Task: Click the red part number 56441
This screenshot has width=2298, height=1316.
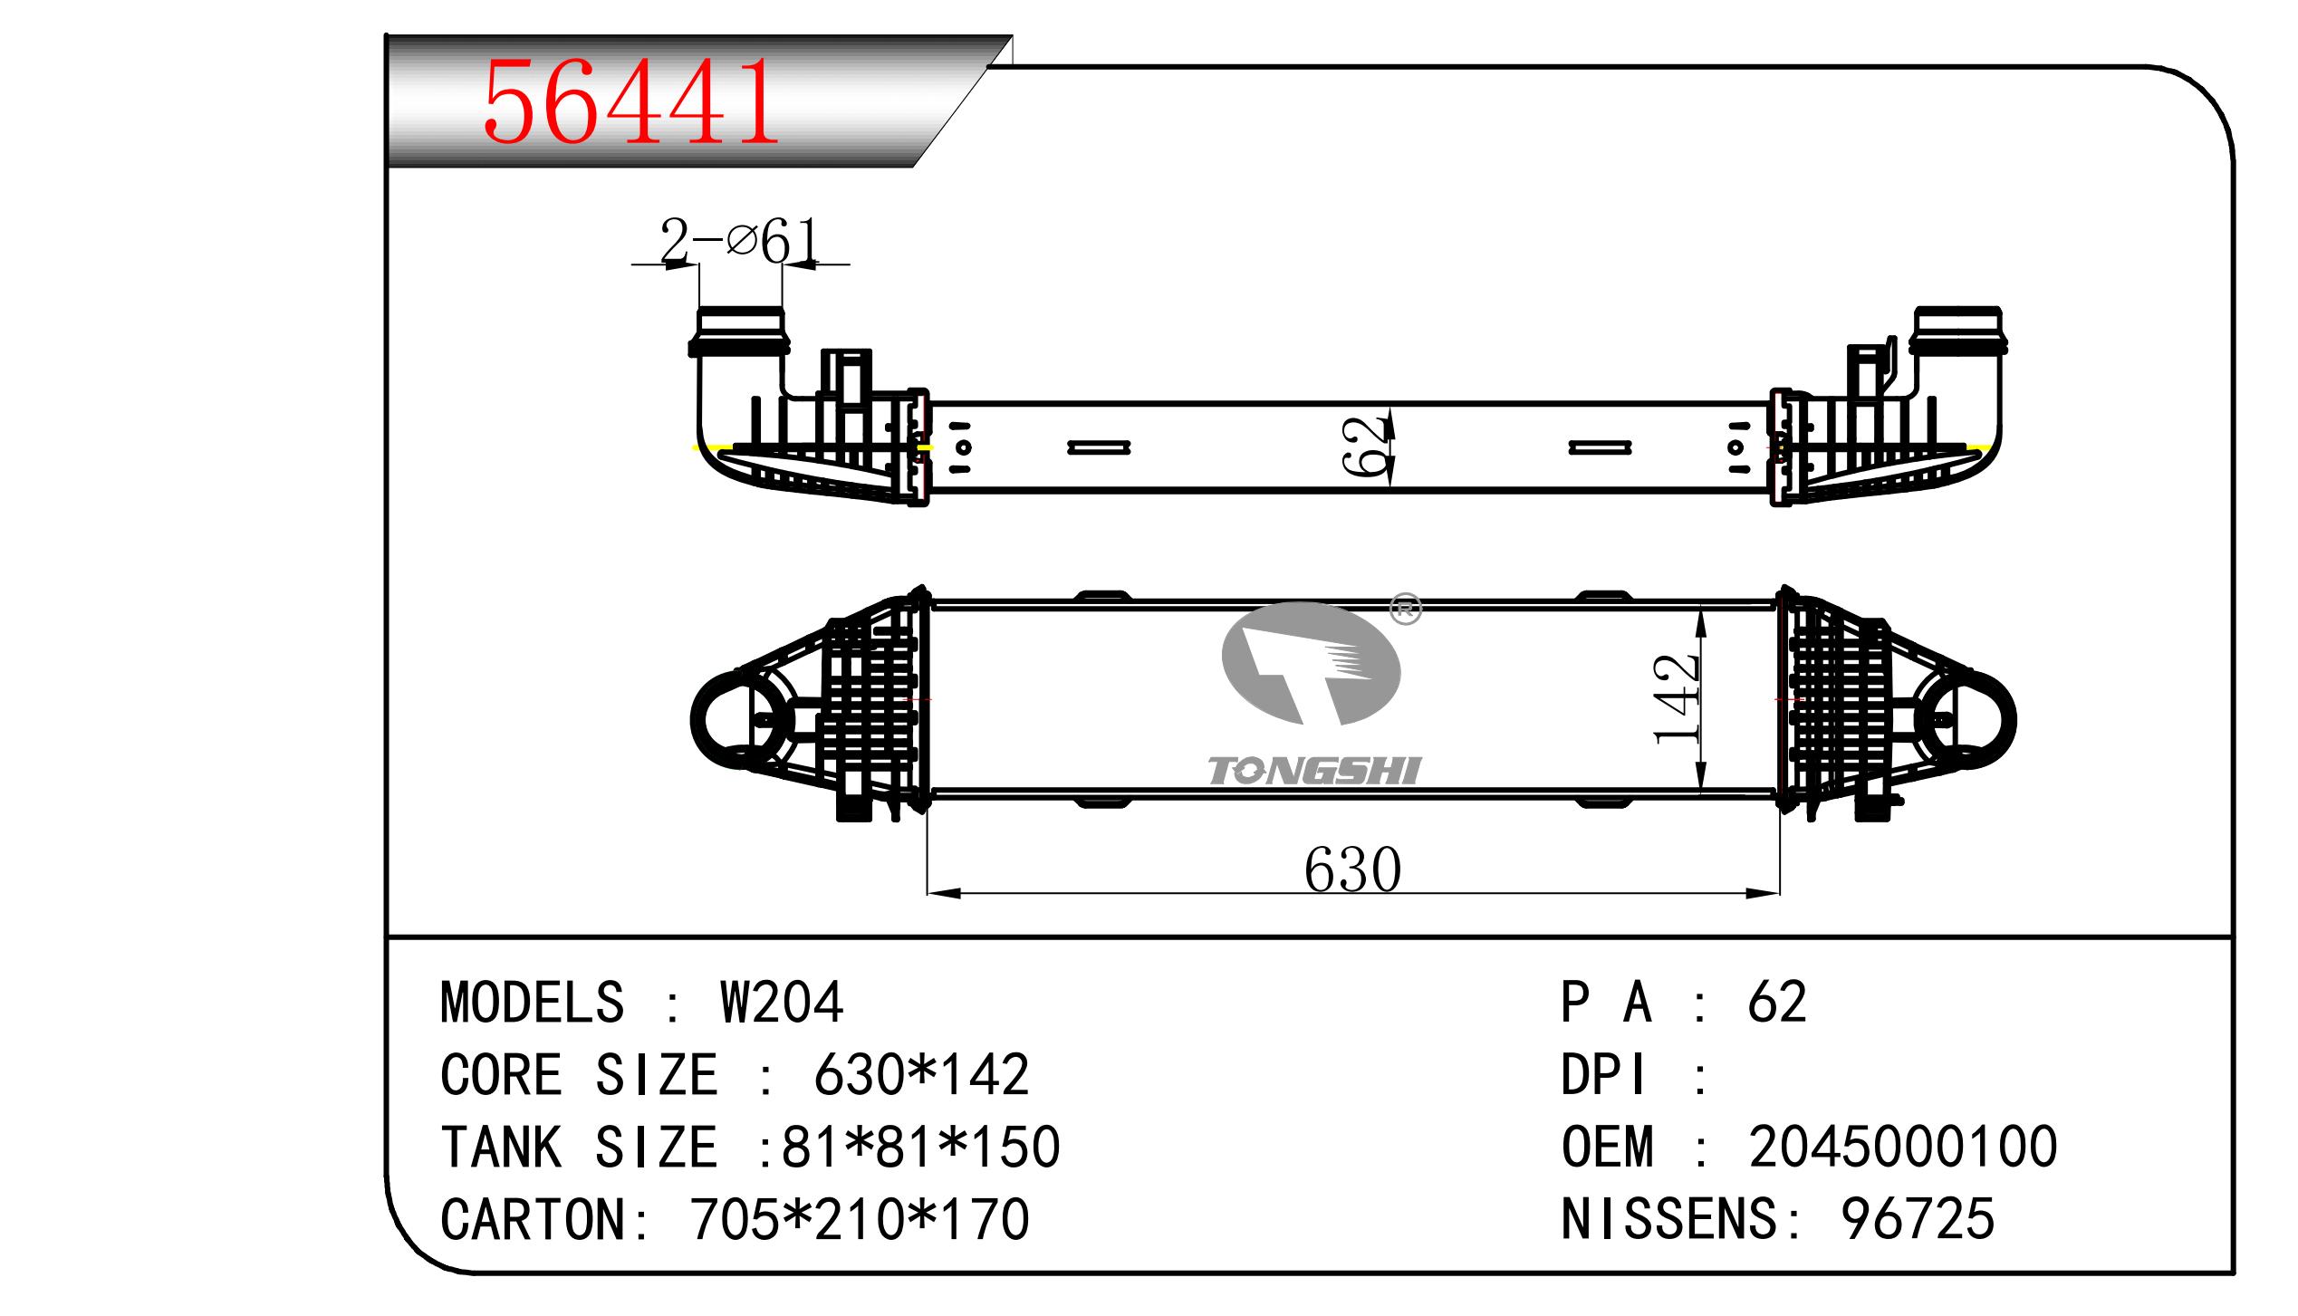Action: (x=631, y=102)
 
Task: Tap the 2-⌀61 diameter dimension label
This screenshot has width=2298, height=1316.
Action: (x=738, y=242)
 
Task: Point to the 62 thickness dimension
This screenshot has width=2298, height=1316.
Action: (x=1366, y=447)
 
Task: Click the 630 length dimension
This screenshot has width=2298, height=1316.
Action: (x=1352, y=869)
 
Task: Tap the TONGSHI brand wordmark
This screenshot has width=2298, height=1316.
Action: (x=1314, y=771)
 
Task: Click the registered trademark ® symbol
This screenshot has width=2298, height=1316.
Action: (x=1405, y=610)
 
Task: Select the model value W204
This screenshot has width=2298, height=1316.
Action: (x=782, y=1002)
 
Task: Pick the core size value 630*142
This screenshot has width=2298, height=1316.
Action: (x=921, y=1074)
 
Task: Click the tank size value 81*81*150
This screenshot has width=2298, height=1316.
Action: (x=920, y=1147)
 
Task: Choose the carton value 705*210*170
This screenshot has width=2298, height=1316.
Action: (x=860, y=1219)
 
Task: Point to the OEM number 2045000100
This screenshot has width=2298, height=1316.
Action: (x=1903, y=1147)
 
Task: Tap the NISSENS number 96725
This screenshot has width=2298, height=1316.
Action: (x=1918, y=1219)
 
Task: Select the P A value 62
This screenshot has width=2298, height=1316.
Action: (x=1777, y=1002)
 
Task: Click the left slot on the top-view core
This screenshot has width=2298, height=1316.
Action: (x=1098, y=447)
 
